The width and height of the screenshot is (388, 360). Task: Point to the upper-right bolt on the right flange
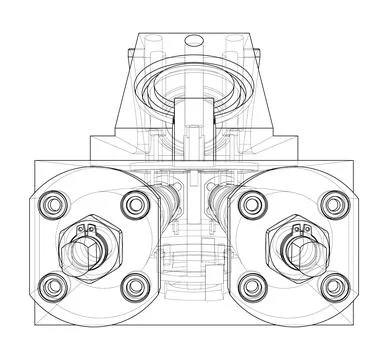click(332, 206)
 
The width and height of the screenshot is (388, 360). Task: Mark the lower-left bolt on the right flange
click(248, 289)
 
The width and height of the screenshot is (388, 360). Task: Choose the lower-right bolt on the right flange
click(332, 289)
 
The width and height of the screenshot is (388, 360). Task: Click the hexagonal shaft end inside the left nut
click(88, 250)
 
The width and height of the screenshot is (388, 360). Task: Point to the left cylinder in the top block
click(151, 50)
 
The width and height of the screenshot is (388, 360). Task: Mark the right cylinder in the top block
click(237, 50)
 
